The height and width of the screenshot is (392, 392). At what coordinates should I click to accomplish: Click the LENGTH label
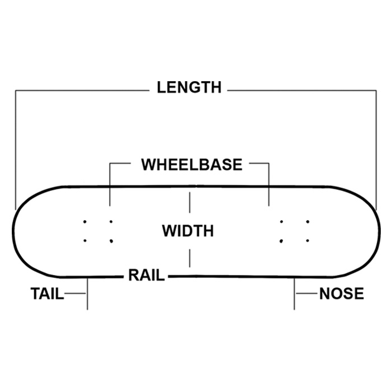point(189,88)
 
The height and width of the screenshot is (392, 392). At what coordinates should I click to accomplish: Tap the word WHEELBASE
point(192,165)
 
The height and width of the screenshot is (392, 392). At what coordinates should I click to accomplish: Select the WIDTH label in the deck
point(188,231)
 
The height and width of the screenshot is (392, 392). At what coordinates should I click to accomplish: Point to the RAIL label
point(146,276)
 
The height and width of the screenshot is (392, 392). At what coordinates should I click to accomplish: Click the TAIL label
point(47,293)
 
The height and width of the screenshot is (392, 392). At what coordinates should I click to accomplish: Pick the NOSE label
point(342,293)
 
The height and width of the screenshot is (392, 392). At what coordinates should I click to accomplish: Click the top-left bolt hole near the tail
point(85,222)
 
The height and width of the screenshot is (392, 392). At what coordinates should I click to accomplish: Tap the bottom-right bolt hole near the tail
point(111,241)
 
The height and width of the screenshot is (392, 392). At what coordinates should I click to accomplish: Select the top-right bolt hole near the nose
point(307,222)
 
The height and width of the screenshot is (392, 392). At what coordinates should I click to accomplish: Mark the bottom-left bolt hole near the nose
point(281,241)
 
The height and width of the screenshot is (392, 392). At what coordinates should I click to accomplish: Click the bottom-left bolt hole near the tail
point(85,241)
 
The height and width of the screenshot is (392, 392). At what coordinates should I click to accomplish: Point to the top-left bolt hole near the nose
point(281,222)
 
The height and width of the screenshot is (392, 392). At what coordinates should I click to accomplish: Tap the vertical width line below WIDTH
point(190,258)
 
